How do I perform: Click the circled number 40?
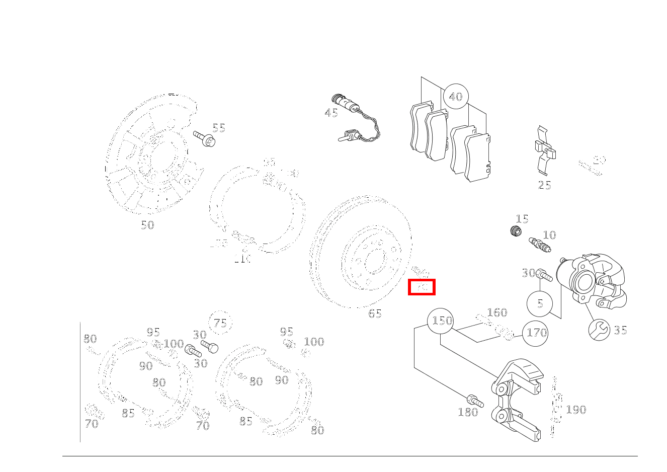pyautogui.click(x=456, y=97)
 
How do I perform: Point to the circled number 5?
pyautogui.click(x=540, y=303)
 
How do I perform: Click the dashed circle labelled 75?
pyautogui.click(x=220, y=323)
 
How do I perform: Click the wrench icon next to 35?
pyautogui.click(x=599, y=330)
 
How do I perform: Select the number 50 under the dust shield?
pyautogui.click(x=147, y=225)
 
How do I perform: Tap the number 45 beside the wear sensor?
pyautogui.click(x=331, y=113)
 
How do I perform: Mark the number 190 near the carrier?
pyautogui.click(x=576, y=410)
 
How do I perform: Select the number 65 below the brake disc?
pyautogui.click(x=375, y=313)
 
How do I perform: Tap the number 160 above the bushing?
pyautogui.click(x=497, y=312)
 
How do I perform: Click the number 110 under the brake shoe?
pyautogui.click(x=242, y=259)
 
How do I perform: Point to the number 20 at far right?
pyautogui.click(x=599, y=160)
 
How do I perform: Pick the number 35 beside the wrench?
pyautogui.click(x=620, y=330)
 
